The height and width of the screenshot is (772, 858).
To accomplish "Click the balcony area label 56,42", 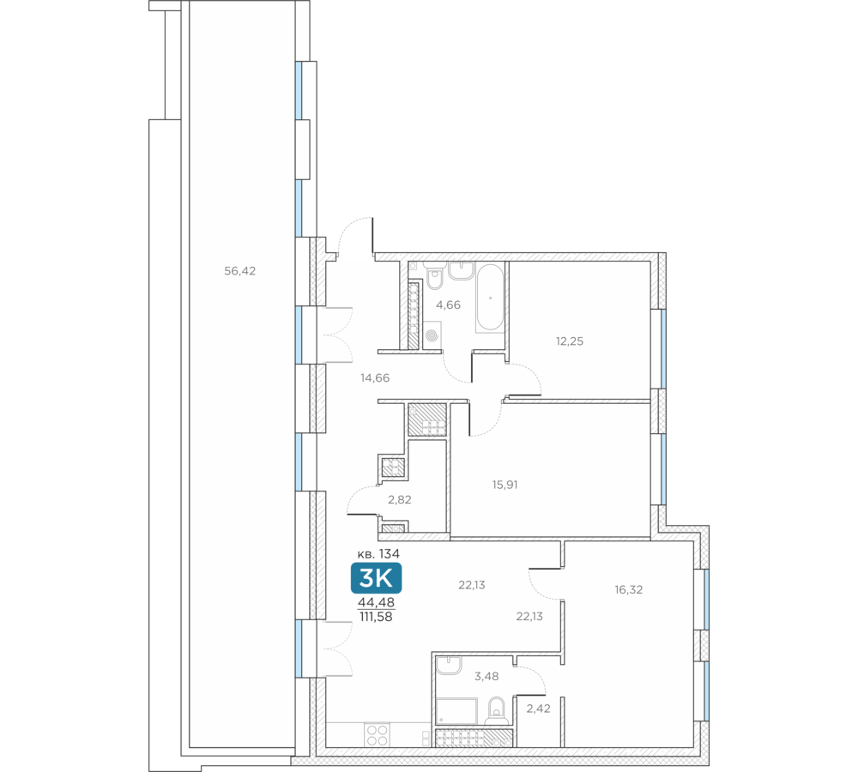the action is (239, 271).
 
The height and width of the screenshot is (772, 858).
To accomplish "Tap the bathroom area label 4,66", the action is (448, 305).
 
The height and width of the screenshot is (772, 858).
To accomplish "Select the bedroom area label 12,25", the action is (570, 341).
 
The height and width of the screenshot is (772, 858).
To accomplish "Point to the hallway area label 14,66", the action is (375, 377).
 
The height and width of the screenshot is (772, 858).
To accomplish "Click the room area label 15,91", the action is (505, 484).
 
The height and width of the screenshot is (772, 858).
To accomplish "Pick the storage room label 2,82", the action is (400, 499).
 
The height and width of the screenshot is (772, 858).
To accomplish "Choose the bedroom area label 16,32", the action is (629, 590).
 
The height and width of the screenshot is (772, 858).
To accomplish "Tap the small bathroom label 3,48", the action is (486, 676).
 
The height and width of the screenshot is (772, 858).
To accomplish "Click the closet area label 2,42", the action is (539, 709).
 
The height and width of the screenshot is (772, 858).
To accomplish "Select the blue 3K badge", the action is (376, 578).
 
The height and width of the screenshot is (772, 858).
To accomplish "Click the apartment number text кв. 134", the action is (378, 553).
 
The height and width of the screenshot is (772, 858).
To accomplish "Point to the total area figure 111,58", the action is (376, 617).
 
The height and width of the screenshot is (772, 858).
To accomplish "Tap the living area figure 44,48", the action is (376, 602).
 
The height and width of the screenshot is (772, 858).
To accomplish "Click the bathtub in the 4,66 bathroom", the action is (490, 298).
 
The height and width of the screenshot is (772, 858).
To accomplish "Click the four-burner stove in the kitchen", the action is (377, 734).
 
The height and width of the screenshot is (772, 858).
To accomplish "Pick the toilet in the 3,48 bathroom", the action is (497, 709).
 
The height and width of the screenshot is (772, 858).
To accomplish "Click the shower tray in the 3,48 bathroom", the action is (457, 711).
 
